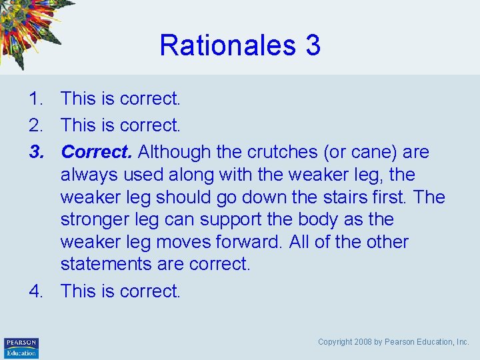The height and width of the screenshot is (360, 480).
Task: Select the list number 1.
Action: coord(35,99)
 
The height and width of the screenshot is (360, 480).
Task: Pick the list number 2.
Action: coord(35,125)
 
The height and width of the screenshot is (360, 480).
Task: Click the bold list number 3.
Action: coord(35,152)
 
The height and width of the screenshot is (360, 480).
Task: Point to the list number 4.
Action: coord(35,291)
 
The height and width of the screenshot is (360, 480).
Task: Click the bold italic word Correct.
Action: coord(97,152)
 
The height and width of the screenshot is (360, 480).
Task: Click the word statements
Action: coord(106,264)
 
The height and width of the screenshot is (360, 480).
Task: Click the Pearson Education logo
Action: coord(21,347)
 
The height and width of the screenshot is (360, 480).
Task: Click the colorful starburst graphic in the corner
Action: coord(30,30)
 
